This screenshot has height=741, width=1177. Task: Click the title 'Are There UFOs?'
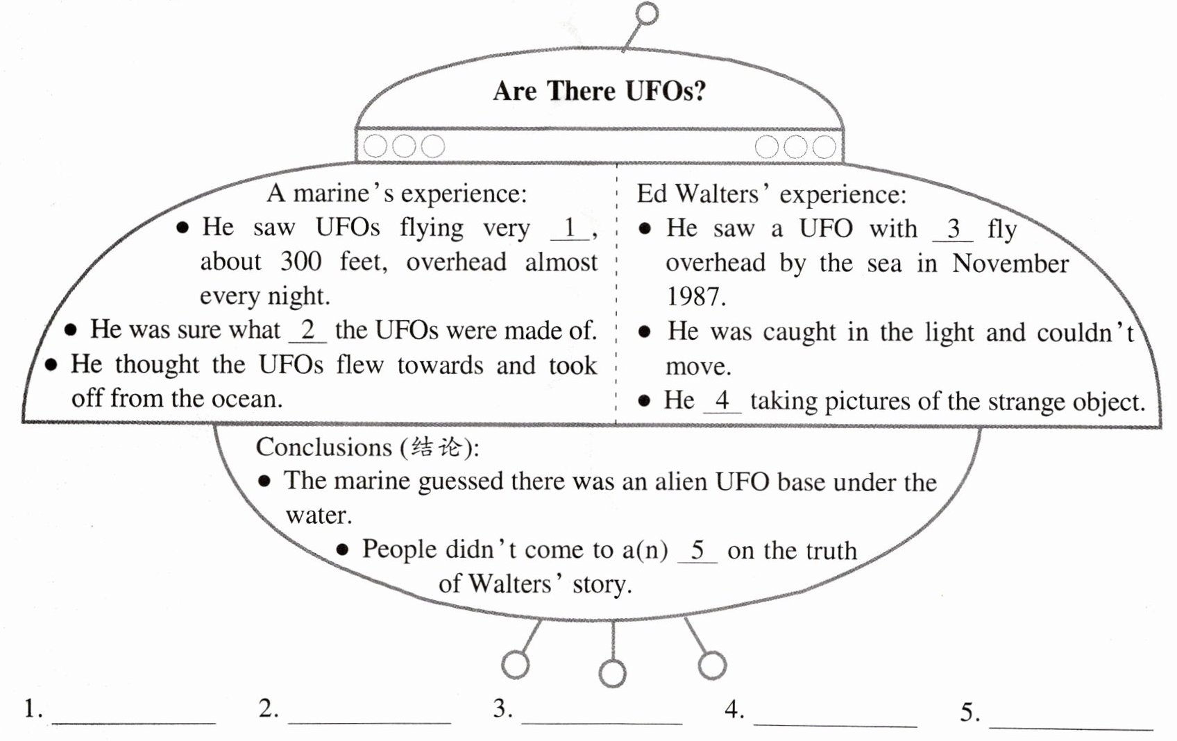(599, 91)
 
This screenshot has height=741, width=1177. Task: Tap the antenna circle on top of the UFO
(647, 13)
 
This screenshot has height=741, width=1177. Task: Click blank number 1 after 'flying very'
(570, 228)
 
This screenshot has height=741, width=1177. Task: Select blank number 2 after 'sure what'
(308, 330)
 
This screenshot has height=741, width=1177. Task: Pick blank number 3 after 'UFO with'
(954, 229)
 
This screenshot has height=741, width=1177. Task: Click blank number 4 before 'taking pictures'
(722, 401)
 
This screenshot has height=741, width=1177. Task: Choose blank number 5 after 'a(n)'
(697, 551)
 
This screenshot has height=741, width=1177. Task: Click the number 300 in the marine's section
(300, 262)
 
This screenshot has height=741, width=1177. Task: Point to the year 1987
(695, 297)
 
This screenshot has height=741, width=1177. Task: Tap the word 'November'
(1010, 264)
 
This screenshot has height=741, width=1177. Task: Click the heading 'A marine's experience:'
(397, 194)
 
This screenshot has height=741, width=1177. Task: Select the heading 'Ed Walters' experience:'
(771, 194)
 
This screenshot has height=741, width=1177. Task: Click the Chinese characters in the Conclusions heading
(436, 448)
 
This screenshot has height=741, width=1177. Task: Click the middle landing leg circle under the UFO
(612, 672)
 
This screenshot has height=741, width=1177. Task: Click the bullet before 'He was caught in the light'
(645, 332)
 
